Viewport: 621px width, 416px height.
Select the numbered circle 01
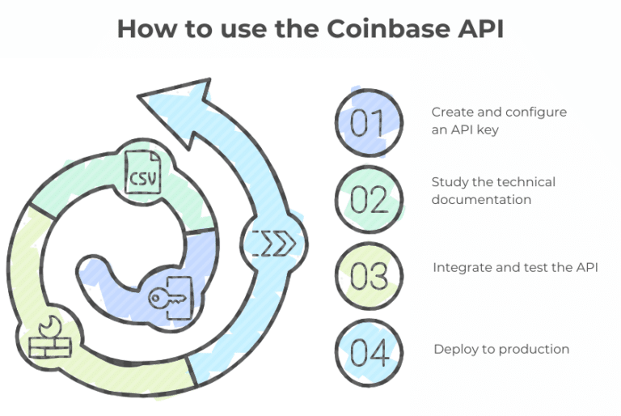point(369,122)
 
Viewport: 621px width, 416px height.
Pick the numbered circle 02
point(369,199)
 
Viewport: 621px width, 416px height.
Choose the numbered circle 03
point(369,276)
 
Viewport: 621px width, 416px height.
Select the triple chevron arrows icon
point(274,242)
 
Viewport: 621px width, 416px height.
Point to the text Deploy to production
point(501,349)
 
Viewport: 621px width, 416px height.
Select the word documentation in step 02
point(481,199)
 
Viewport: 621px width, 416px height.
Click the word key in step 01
point(488,129)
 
